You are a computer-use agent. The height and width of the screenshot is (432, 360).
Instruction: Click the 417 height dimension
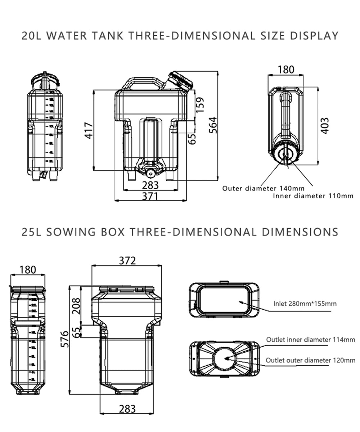pos(89,130)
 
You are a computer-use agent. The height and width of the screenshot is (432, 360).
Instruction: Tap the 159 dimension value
pos(201,104)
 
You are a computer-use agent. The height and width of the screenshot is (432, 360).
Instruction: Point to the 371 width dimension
pos(150,196)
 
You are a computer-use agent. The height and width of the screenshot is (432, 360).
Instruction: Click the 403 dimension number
pos(325,126)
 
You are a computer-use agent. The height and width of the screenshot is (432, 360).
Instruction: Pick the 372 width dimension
pos(127,260)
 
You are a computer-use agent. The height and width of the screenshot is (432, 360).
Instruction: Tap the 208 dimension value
pos(76,306)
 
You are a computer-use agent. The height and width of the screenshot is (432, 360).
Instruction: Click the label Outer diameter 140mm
pos(263,188)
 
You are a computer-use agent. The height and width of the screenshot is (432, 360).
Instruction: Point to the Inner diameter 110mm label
pos(313,196)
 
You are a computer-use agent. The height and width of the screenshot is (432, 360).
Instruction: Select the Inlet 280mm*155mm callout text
pos(305,303)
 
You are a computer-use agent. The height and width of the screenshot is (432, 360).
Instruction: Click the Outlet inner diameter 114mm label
pos(310,339)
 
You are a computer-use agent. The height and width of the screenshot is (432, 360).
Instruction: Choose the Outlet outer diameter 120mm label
pos(310,360)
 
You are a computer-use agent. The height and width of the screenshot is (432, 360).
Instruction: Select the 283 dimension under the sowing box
pos(127,409)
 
